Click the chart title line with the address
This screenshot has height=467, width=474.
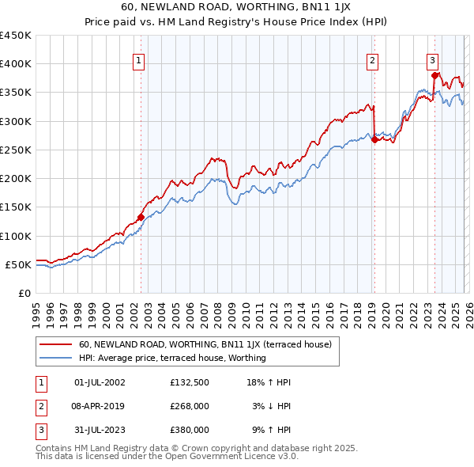(x=237, y=9)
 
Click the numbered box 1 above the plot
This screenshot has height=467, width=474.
(x=139, y=59)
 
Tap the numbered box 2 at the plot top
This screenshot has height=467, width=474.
(x=372, y=59)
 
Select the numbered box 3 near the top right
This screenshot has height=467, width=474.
(x=433, y=59)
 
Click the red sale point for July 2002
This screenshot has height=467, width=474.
(x=141, y=217)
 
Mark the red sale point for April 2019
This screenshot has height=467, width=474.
(x=374, y=139)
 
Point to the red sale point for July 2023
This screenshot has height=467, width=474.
(x=434, y=75)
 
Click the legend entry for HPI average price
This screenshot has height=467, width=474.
(x=172, y=358)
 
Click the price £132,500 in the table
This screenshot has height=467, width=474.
(x=189, y=382)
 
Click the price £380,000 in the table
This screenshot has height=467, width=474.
(x=189, y=430)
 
